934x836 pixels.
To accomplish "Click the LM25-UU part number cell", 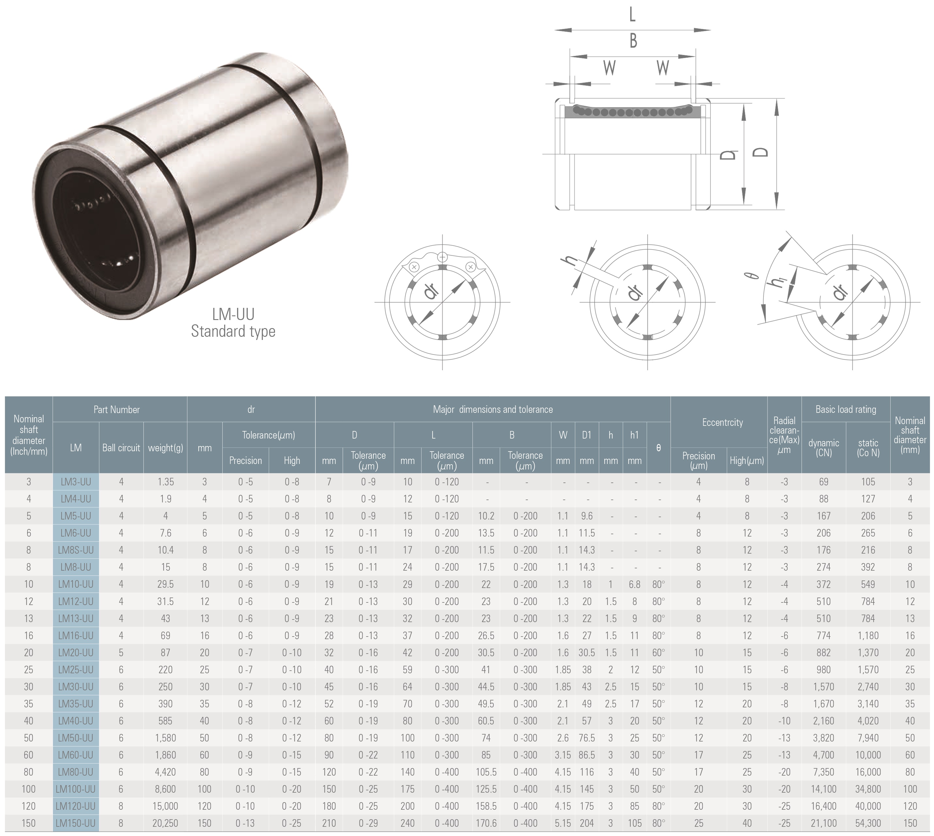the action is (x=76, y=670).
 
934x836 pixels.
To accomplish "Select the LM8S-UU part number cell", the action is (x=76, y=550).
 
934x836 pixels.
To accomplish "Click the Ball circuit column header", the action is (x=121, y=448).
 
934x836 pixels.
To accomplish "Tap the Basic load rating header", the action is (x=846, y=409).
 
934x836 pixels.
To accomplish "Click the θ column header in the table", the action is (x=658, y=448).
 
